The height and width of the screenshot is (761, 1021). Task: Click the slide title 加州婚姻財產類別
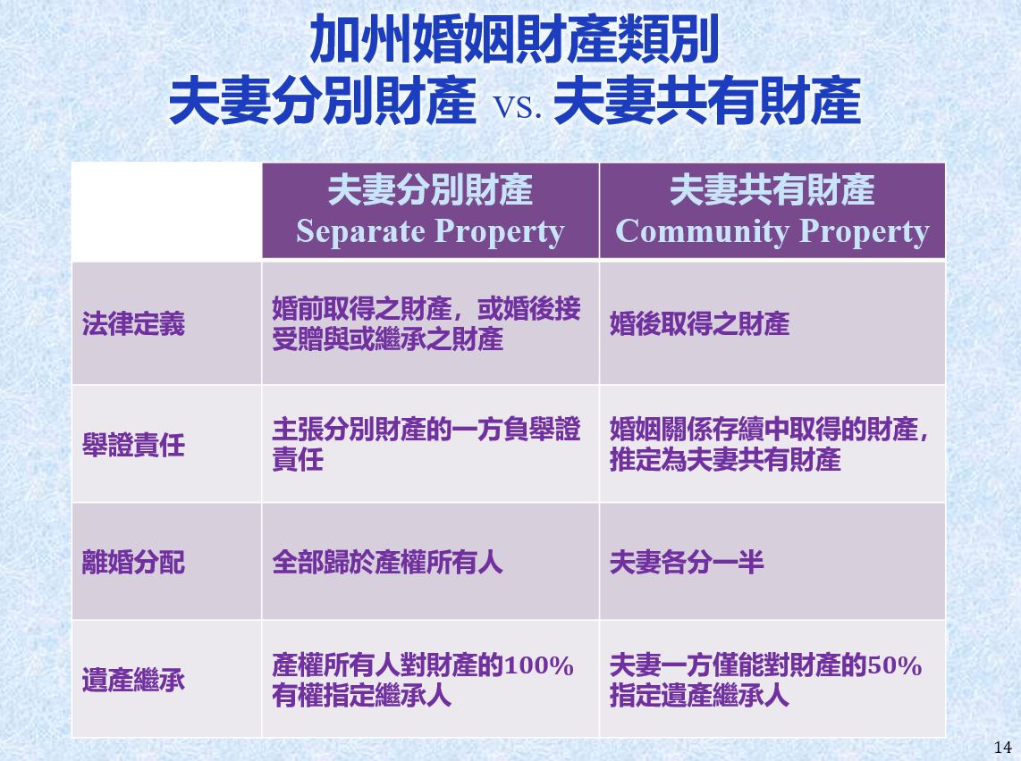[x=514, y=40]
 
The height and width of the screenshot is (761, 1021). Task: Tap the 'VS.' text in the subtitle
[x=517, y=106]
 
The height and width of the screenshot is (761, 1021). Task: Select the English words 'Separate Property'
[x=430, y=231]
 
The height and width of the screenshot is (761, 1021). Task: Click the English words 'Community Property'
[x=772, y=231]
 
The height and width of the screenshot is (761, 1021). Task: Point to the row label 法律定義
[x=133, y=323]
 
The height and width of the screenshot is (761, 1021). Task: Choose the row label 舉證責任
[x=133, y=446]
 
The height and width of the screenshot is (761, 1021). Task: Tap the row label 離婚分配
[x=133, y=563]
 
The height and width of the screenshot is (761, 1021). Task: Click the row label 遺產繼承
[x=133, y=681]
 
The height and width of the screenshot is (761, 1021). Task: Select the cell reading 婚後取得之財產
[x=699, y=323]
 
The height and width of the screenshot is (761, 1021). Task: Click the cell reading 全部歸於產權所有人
[x=387, y=563]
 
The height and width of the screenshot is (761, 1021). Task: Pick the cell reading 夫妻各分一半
[x=687, y=563]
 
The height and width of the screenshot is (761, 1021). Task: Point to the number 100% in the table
[x=538, y=666]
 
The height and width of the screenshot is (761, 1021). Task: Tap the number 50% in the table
[x=894, y=666]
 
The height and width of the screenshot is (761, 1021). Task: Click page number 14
[x=1003, y=748]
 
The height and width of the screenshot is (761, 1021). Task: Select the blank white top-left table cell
[x=166, y=212]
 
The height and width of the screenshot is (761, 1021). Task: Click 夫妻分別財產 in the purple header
[x=430, y=190]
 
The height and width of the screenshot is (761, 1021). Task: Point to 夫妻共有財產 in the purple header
[x=772, y=190]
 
